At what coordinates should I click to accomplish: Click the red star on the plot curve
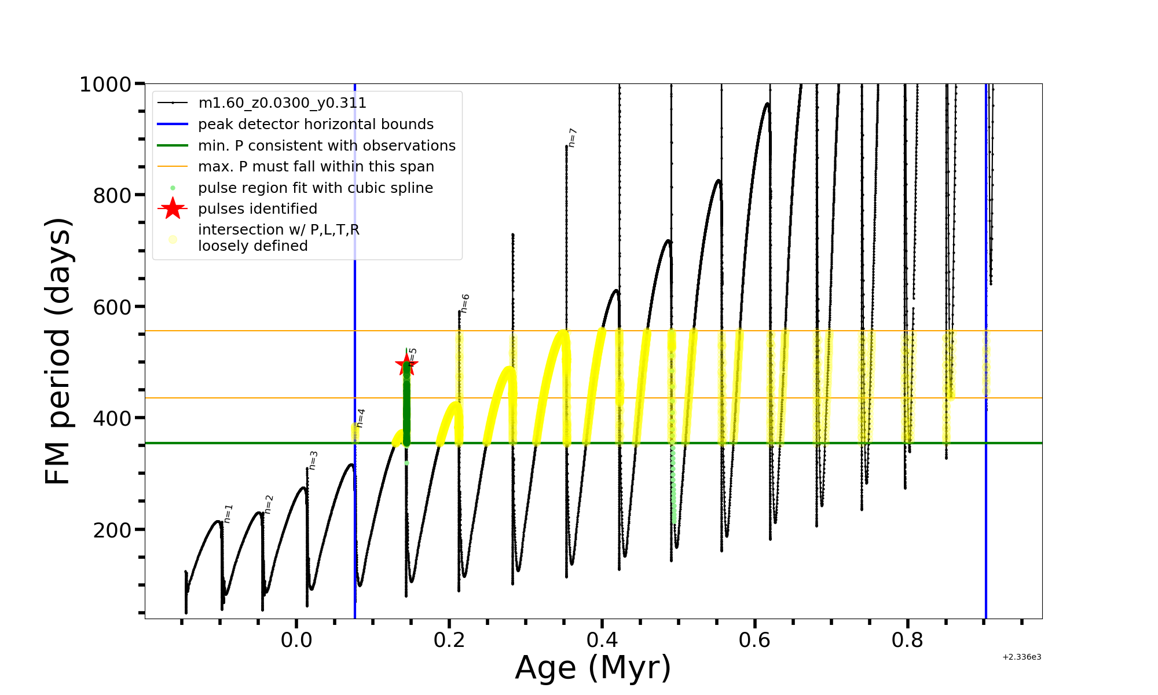(406, 365)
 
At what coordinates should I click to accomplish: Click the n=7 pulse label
(572, 138)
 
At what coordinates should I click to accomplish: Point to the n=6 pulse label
(465, 303)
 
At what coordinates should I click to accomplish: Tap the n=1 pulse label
(228, 514)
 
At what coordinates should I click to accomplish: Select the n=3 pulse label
(313, 460)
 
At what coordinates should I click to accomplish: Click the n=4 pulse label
(360, 418)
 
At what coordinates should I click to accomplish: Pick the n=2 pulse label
(268, 504)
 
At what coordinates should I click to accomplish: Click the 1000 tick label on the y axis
(105, 85)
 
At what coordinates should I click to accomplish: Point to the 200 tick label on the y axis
(112, 530)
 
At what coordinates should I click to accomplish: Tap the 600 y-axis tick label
(112, 307)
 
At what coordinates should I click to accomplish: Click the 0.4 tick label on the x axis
(602, 641)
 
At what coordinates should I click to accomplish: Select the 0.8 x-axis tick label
(908, 641)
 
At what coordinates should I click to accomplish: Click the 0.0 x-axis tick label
(296, 641)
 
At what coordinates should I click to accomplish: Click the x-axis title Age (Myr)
(593, 668)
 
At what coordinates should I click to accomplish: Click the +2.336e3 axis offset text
(1022, 657)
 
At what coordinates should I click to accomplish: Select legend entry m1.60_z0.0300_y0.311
(282, 103)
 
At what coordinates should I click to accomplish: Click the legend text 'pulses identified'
(258, 209)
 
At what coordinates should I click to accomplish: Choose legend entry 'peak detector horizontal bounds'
(316, 125)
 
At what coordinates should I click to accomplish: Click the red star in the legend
(173, 209)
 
